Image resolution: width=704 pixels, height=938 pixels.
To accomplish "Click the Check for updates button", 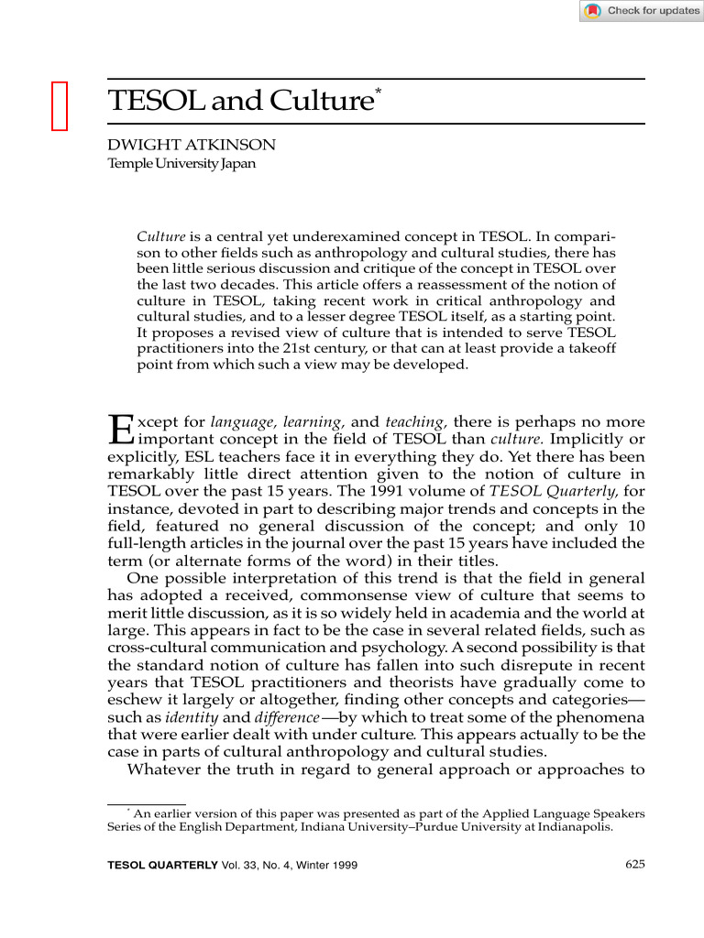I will pyautogui.click(x=642, y=11).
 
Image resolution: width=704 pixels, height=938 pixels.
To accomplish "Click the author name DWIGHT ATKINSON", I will pyautogui.click(x=192, y=145).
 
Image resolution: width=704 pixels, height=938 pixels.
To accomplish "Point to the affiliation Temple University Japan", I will pyautogui.click(x=181, y=164).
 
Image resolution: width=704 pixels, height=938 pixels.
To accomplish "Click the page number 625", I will pyautogui.click(x=635, y=865).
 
